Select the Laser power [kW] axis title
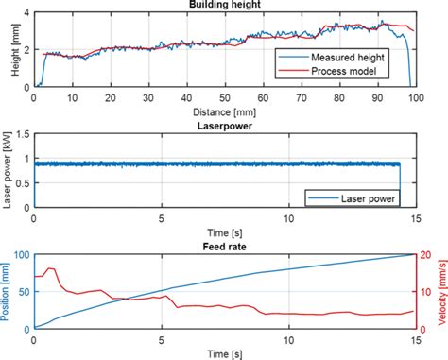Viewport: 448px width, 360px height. click(9, 171)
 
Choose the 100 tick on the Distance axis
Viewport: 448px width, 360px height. click(415, 99)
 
